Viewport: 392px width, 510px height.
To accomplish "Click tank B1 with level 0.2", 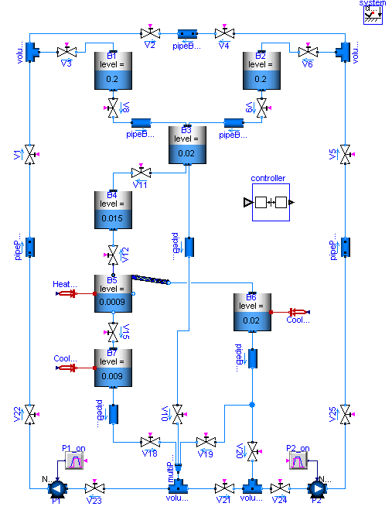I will click(x=113, y=73).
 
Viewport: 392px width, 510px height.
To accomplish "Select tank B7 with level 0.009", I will click(x=113, y=368).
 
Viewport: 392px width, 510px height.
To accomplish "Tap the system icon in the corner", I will click(x=374, y=14).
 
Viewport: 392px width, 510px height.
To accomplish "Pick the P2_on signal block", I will click(x=297, y=462).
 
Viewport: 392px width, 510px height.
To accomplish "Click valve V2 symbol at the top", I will click(x=150, y=34).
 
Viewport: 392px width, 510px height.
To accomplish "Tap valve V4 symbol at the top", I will click(x=224, y=34).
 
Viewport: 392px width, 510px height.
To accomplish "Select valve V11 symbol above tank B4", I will click(x=140, y=172).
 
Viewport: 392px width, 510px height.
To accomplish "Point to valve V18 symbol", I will click(x=150, y=441).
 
